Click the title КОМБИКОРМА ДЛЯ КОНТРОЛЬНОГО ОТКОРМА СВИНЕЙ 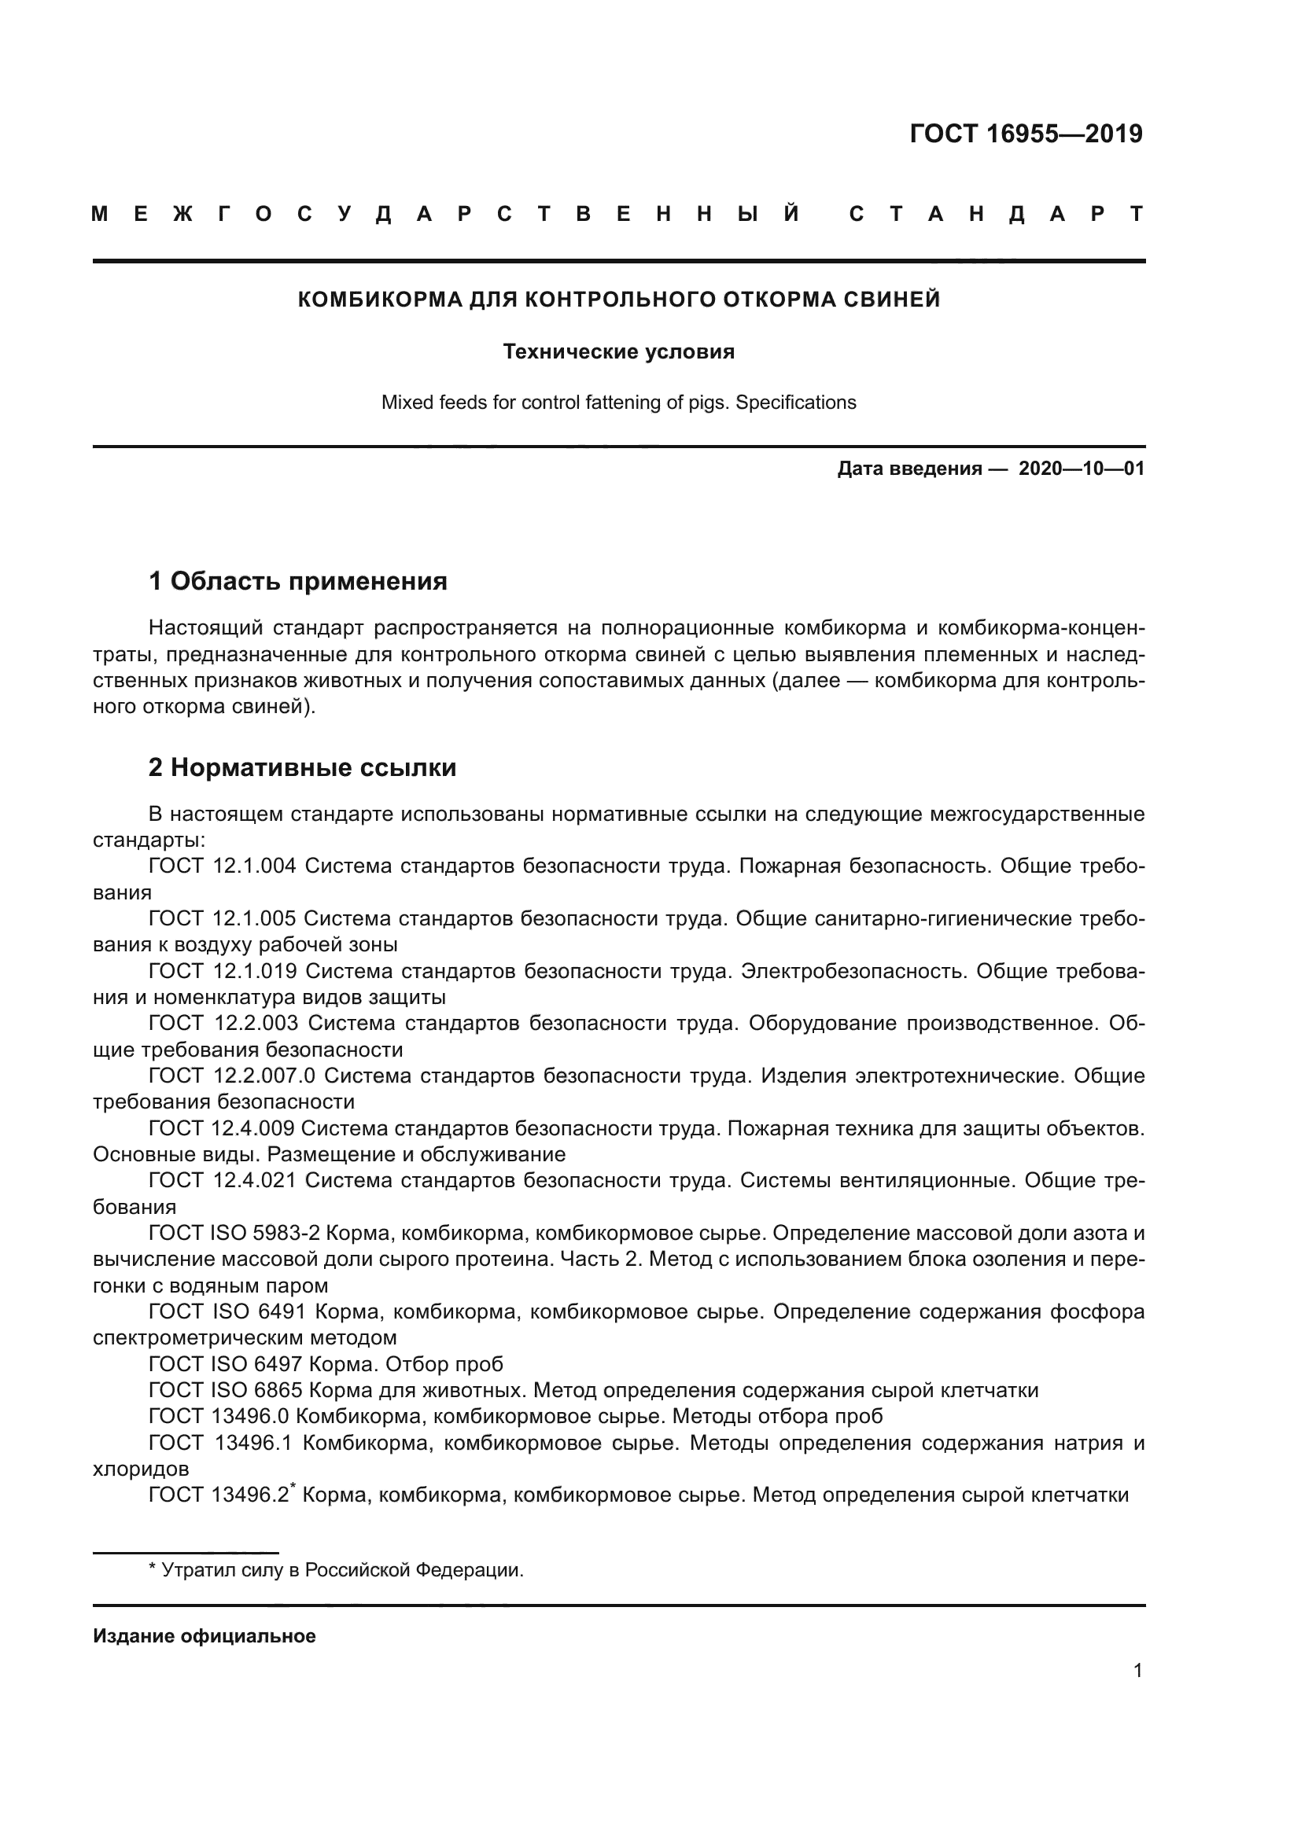tap(618, 300)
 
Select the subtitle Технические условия tap(618, 351)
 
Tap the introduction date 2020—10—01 tap(1081, 469)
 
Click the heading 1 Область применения tap(298, 581)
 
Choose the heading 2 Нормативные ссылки tap(302, 767)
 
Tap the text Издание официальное tap(205, 1636)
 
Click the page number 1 tap(1137, 1671)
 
